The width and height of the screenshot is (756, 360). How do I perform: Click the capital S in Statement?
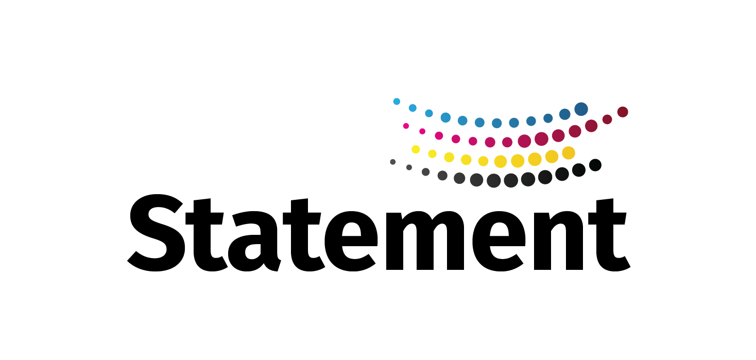coord(156,233)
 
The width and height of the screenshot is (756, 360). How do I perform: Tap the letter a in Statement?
coord(254,241)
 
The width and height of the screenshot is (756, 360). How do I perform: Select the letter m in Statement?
coord(425,241)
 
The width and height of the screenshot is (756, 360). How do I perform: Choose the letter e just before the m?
coord(351,241)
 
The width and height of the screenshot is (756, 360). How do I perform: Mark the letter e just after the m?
coord(499,241)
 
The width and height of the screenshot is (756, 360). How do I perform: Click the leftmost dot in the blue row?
coord(397,101)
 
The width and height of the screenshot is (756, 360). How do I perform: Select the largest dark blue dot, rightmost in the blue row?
coord(581,109)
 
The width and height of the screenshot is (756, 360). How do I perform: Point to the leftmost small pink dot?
coord(406,126)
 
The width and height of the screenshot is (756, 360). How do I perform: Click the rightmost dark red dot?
coord(623,112)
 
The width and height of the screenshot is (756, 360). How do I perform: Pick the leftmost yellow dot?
coord(416,149)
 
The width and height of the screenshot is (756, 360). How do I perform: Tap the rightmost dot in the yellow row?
coord(569,153)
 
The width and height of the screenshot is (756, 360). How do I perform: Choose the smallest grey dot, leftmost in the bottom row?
coord(393,162)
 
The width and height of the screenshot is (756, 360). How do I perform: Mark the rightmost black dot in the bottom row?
coord(595,165)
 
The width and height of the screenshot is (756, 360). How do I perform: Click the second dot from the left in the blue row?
coord(413,108)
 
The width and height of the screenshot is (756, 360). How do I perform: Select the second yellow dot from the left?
coord(433,154)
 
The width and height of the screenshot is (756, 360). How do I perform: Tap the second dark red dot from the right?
coord(607,119)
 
